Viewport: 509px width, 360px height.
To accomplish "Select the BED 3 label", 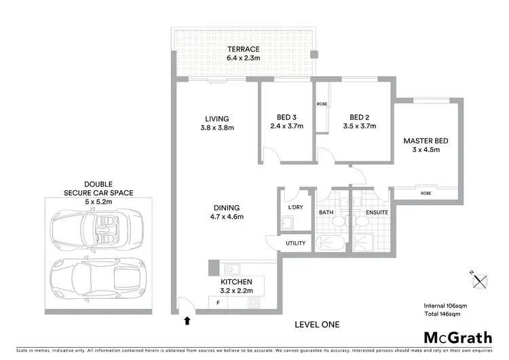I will click(x=285, y=121).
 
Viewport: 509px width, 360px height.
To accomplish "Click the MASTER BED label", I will click(x=426, y=145).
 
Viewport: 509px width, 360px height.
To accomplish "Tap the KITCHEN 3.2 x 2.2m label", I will click(x=236, y=286).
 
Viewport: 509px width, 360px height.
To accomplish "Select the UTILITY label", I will click(x=296, y=243).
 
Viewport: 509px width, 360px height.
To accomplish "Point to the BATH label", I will click(x=326, y=213).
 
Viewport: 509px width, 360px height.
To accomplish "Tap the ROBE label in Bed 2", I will click(x=322, y=104).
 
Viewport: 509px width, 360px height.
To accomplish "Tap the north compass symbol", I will click(x=480, y=279).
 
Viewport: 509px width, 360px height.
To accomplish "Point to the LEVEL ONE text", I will click(x=317, y=324).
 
